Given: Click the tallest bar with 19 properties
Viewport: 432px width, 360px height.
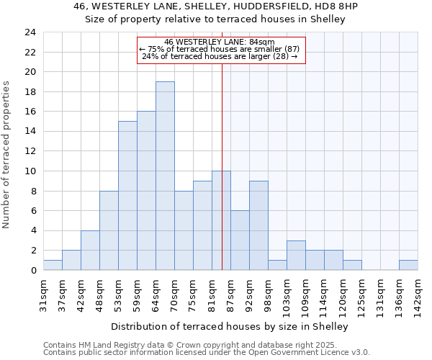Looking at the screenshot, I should [165, 176].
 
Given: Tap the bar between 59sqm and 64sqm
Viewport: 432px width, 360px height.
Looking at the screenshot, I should [146, 191].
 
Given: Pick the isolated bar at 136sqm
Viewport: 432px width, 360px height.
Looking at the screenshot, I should [408, 265].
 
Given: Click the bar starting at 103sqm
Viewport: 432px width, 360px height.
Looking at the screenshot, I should [296, 256].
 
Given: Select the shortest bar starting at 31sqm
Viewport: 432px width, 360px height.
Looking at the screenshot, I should [53, 265].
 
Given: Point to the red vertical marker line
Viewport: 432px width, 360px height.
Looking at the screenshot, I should [222, 166].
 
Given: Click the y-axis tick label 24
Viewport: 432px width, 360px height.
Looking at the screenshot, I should [30, 32].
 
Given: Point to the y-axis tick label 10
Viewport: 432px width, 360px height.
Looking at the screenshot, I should [30, 171].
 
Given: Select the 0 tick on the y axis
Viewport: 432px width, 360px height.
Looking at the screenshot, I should [33, 271].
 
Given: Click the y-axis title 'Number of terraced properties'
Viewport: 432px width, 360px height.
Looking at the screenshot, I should [8, 154].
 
